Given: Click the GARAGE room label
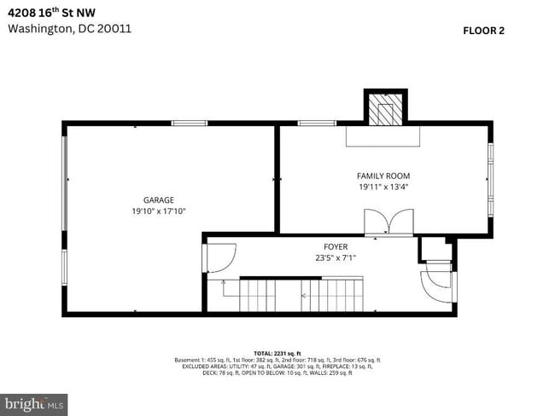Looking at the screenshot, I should (x=159, y=199).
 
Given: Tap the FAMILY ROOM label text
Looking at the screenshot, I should (x=383, y=176).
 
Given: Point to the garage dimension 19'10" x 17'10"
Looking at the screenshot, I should (x=159, y=211).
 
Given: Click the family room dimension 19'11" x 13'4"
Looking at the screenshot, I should (x=383, y=187).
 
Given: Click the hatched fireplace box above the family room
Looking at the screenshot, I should (x=384, y=108).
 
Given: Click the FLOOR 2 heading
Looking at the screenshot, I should (x=483, y=31).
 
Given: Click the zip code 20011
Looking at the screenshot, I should (x=114, y=28).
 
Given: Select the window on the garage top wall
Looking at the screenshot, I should (x=190, y=124).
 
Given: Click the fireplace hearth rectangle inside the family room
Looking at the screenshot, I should (x=383, y=137).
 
